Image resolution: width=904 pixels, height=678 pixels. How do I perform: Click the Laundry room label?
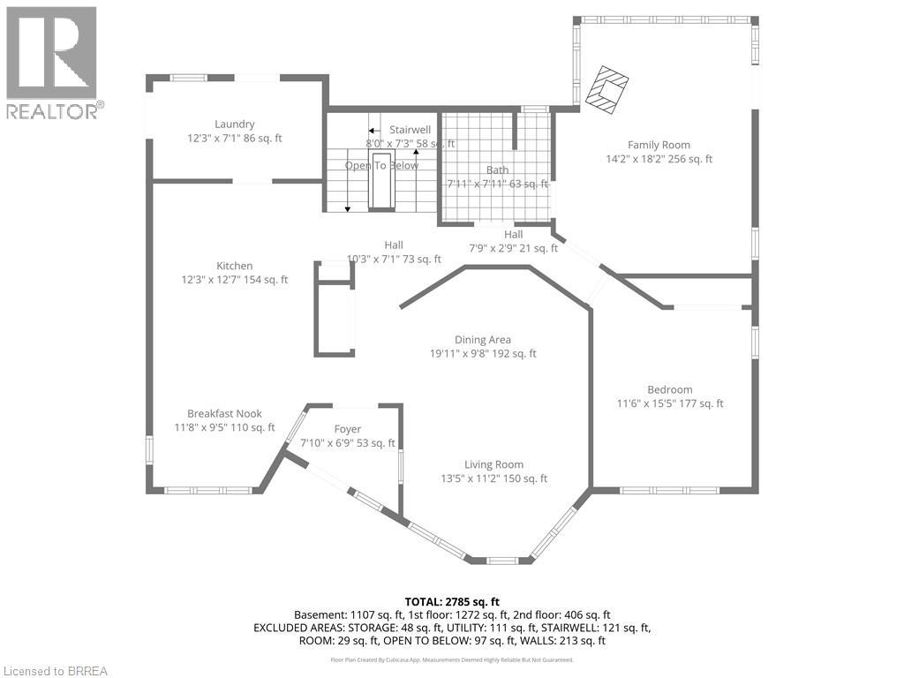[x=234, y=124]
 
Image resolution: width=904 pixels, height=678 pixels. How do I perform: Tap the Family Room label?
[x=659, y=145]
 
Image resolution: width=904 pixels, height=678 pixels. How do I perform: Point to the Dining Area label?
[x=482, y=339]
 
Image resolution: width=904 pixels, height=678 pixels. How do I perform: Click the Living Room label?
[x=493, y=464]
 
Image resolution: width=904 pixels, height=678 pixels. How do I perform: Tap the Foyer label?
[x=347, y=429]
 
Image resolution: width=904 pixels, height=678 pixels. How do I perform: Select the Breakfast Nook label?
[x=224, y=413]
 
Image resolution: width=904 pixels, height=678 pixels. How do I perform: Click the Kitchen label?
[x=235, y=266]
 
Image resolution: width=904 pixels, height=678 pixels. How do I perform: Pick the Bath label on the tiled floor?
[x=497, y=170]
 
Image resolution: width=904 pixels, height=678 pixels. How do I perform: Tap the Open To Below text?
[x=381, y=165]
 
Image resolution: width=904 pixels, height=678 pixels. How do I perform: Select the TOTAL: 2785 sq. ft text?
[x=451, y=599]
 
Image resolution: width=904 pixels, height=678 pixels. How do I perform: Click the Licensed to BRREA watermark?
[x=55, y=670]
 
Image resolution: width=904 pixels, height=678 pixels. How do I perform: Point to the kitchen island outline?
[x=335, y=309]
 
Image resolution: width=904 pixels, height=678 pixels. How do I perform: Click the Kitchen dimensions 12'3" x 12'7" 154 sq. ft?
[x=234, y=280]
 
